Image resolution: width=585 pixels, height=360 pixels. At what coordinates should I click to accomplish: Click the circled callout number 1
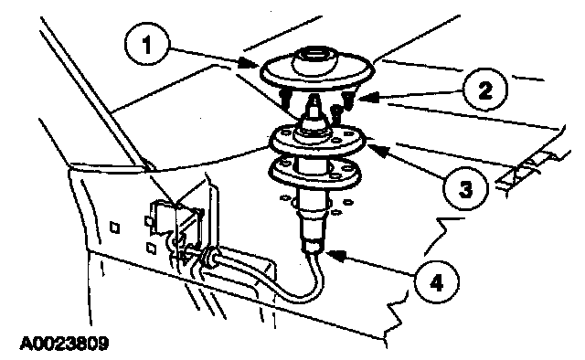[x=147, y=44]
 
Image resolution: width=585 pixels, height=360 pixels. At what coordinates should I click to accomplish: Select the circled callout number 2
[x=484, y=90]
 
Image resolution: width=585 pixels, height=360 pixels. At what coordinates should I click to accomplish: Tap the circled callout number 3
[x=465, y=188]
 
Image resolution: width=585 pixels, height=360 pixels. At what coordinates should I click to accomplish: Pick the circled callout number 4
[x=436, y=282]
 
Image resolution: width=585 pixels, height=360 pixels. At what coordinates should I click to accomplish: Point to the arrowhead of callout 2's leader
[x=366, y=98]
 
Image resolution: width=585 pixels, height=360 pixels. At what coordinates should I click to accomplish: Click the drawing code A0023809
[x=64, y=344]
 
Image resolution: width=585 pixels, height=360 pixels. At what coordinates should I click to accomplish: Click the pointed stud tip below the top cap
[x=315, y=101]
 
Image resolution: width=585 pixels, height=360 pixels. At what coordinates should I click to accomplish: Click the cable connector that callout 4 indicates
[x=313, y=247]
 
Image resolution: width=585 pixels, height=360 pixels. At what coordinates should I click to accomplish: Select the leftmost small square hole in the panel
[x=114, y=228]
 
